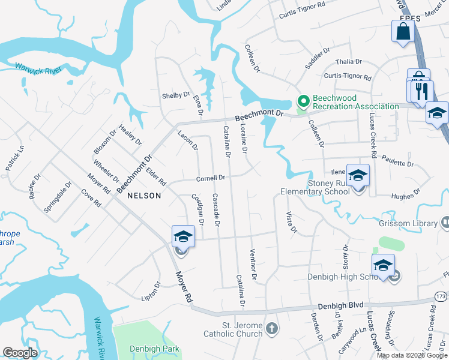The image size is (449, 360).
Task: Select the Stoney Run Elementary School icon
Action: coord(358,176)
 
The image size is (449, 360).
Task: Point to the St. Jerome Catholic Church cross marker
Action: coord(272,328)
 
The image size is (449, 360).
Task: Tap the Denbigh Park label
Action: coord(154,349)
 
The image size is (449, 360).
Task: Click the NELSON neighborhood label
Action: coord(143,196)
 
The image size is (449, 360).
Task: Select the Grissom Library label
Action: coord(408,223)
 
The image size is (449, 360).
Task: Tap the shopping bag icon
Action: coord(403,32)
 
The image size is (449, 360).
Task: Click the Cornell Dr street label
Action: coord(211,178)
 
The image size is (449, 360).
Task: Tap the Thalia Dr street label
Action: coord(349,61)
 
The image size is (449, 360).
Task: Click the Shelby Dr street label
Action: coord(175,95)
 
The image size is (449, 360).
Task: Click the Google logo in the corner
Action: coord(20,353)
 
